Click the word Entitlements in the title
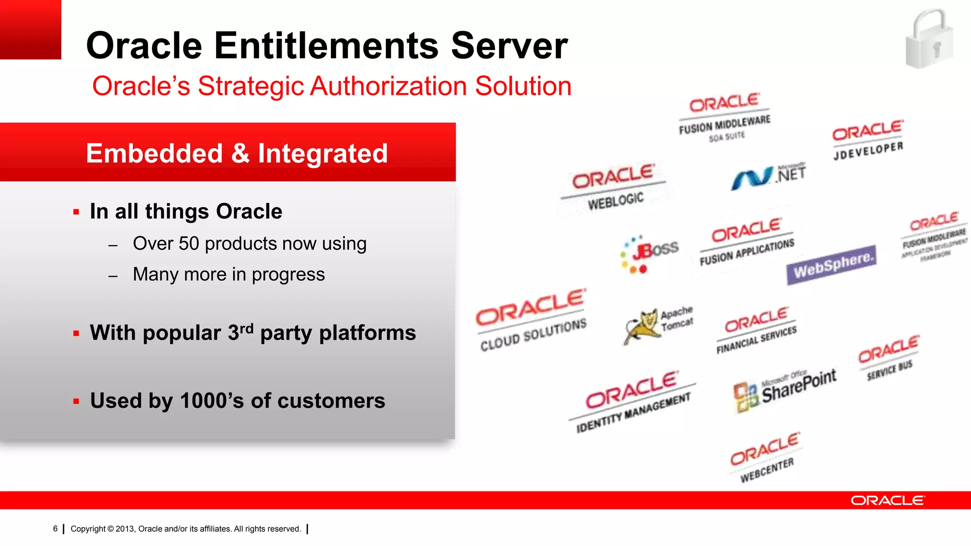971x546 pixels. [x=327, y=46]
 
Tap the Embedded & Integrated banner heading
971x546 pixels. [x=237, y=154]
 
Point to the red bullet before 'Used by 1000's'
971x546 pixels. [x=76, y=401]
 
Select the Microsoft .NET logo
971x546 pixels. [x=768, y=176]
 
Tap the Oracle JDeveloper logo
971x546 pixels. [x=868, y=140]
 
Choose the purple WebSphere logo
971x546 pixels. [x=832, y=264]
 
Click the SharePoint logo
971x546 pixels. [x=785, y=391]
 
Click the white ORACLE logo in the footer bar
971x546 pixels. [x=887, y=500]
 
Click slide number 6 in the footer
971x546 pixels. [x=55, y=529]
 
